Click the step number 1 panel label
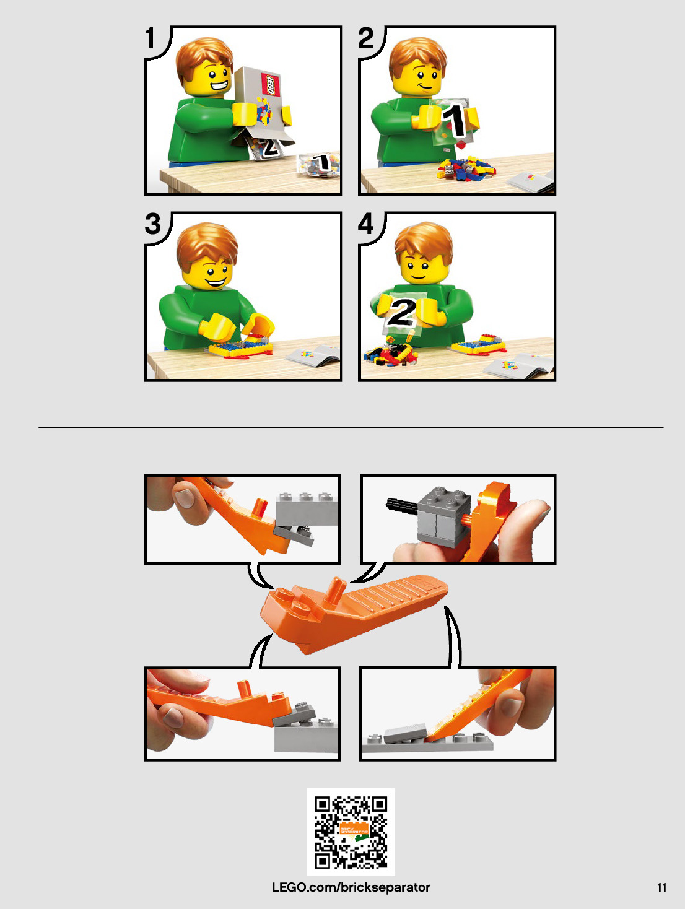pyautogui.click(x=150, y=38)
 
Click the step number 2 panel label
pyautogui.click(x=365, y=38)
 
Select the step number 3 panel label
pyautogui.click(x=153, y=224)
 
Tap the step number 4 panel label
pyautogui.click(x=366, y=224)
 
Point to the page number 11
pyautogui.click(x=661, y=887)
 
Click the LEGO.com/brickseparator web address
pyautogui.click(x=351, y=887)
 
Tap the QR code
pyautogui.click(x=351, y=832)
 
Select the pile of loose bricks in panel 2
pyautogui.click(x=466, y=168)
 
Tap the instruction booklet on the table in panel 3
pyautogui.click(x=313, y=356)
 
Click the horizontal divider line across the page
pyautogui.click(x=351, y=427)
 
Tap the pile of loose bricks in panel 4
pyautogui.click(x=390, y=352)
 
